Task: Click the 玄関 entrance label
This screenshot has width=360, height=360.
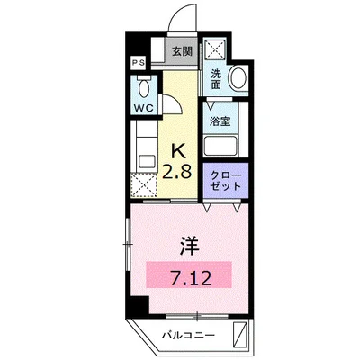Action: tap(181, 51)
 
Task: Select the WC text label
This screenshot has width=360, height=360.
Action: tap(143, 108)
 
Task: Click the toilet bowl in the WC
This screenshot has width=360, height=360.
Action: tap(143, 87)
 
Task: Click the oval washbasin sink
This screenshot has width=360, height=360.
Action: tap(238, 78)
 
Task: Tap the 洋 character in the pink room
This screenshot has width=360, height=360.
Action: tap(189, 243)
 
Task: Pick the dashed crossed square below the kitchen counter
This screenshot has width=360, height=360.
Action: tap(144, 185)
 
